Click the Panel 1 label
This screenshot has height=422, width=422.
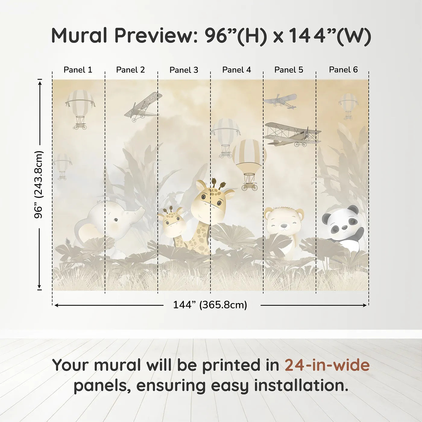(78, 70)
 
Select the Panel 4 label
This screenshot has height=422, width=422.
(236, 70)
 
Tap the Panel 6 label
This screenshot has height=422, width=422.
(343, 70)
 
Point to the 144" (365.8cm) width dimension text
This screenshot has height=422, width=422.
(210, 305)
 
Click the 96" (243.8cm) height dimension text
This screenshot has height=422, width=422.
(39, 184)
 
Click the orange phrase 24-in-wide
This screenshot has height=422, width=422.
(327, 365)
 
